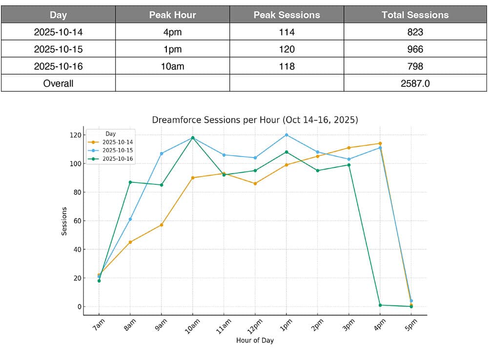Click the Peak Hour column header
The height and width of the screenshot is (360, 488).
(x=172, y=15)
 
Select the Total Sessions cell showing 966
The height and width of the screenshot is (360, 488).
(x=415, y=49)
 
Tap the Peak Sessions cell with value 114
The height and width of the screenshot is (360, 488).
(x=286, y=32)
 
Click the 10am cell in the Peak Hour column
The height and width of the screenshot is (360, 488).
(x=172, y=66)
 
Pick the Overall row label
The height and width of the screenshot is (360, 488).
(x=58, y=83)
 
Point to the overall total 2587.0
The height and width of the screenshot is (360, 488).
(x=415, y=83)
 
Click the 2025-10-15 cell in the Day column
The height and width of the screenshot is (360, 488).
(x=58, y=49)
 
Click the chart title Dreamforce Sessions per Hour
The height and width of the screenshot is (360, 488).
(x=255, y=120)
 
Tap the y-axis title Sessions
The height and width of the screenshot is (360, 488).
(x=64, y=220)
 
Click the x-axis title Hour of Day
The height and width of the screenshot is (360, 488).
(x=255, y=340)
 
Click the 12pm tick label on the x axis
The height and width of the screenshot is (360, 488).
(x=255, y=325)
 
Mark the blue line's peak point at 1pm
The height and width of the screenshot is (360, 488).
(x=286, y=135)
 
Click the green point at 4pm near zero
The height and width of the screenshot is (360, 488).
(x=380, y=305)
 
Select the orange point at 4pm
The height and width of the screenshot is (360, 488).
(x=380, y=143)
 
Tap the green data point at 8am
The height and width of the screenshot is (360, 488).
(x=130, y=182)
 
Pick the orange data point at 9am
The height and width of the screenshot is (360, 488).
(x=162, y=225)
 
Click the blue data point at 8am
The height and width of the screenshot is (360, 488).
(x=130, y=220)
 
